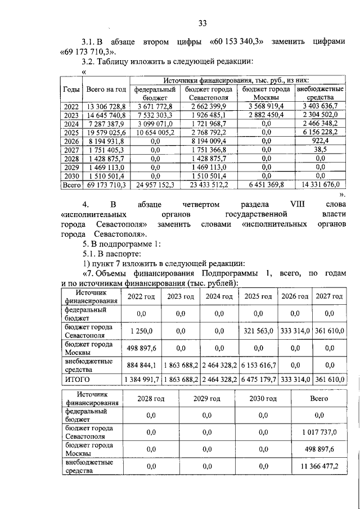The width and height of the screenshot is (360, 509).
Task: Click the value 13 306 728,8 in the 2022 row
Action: [x=106, y=106]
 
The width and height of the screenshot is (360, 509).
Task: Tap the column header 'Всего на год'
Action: [x=106, y=89]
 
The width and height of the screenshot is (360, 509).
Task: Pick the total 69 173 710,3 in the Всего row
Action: [x=106, y=184]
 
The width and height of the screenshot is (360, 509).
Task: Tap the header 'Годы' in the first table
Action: [x=71, y=89]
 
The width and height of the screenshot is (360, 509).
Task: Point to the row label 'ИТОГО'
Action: [x=78, y=380]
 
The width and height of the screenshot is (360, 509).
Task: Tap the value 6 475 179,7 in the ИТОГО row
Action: [x=258, y=380]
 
